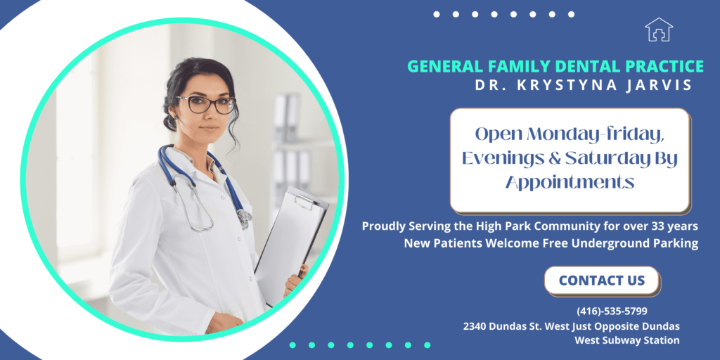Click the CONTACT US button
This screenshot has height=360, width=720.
coord(602,281)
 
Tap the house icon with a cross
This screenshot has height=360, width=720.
coord(658,30)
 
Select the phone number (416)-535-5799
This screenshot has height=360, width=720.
coord(612,311)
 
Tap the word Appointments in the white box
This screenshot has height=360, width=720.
coord(570,183)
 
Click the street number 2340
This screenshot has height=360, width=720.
coord(475,326)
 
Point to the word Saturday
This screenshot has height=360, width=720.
coord(598,158)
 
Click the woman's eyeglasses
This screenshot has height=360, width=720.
coord(206,104)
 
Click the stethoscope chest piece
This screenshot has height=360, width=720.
coord(244,217)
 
